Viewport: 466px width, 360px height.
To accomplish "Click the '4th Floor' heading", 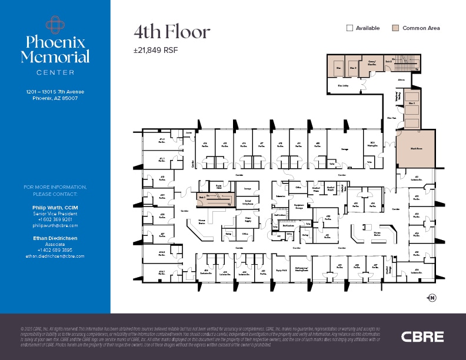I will coord(171,32).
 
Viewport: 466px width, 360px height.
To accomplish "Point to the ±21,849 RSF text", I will coord(155,50).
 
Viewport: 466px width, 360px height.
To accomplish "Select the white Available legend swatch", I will coord(349,28).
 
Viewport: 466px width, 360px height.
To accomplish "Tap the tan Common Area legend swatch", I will coord(396,28).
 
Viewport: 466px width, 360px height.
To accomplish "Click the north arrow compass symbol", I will coord(431,298).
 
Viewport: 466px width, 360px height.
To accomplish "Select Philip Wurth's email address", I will coord(55,225).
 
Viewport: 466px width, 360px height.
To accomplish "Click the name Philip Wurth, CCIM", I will coord(55,208).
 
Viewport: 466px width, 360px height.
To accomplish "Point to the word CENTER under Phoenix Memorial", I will coord(55,72).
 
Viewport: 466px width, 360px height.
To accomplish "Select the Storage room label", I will coord(345,149).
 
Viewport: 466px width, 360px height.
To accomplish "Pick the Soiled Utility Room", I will coord(248,202).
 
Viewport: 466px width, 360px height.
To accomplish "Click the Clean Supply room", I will coord(248,219).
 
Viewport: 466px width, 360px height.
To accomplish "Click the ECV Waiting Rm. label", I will coord(372,144).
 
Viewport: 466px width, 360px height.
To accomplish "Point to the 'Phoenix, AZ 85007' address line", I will coord(55,98).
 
